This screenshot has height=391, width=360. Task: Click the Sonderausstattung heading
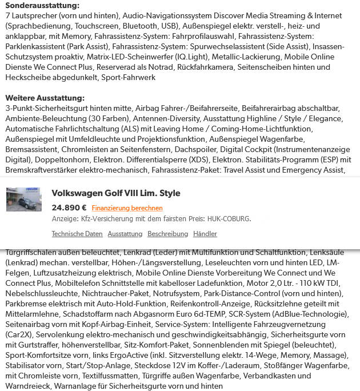pos(42,6)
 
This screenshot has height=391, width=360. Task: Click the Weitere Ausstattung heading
pos(45,98)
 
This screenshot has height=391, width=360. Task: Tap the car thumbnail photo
pos(23,200)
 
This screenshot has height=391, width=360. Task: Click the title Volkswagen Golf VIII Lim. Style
pos(116,194)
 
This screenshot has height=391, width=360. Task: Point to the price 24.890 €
pos(69,208)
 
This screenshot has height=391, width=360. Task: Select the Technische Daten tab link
pos(77,234)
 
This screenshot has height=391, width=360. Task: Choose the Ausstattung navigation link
pos(125,234)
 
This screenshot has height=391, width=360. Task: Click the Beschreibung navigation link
pos(167,234)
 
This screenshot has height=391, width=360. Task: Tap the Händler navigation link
pos(205,234)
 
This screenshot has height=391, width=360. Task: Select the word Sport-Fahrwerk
pos(128,78)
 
